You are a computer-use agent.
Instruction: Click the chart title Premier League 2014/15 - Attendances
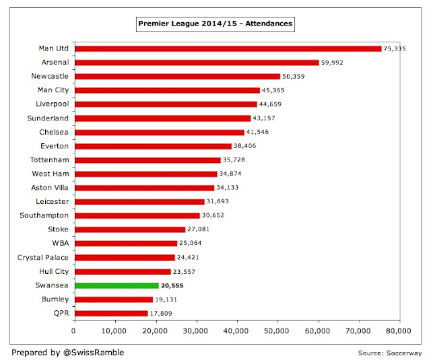point(216,24)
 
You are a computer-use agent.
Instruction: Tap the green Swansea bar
point(116,285)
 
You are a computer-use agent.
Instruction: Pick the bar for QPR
point(110,314)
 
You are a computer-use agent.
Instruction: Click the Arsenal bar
point(196,63)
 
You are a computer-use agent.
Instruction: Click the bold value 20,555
point(173,286)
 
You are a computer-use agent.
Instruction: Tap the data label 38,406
point(245,146)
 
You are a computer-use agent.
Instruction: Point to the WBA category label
point(60,244)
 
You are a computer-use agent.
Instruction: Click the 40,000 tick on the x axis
point(236,331)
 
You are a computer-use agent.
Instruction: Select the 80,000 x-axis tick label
point(399,331)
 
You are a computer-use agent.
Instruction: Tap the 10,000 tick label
point(114,331)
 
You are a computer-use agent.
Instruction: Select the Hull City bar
point(122,272)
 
